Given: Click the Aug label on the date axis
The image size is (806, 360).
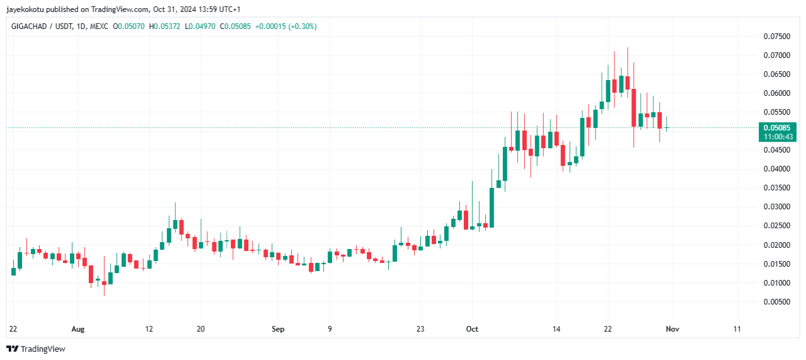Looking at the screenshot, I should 78,329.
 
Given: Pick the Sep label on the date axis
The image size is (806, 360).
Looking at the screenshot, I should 278,329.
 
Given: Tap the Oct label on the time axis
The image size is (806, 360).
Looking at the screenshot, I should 472,329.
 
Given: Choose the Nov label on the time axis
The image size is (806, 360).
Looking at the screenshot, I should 672,329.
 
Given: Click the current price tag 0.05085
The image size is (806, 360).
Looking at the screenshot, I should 776,127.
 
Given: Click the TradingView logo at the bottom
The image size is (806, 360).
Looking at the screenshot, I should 36,349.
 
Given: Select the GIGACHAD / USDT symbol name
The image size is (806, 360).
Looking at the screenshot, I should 42,26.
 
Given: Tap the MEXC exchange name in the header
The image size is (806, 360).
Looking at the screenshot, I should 99,26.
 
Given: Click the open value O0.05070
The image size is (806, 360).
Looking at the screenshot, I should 129,26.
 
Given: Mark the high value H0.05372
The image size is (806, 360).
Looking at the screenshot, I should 164,26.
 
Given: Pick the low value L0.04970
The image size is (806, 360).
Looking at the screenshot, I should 200,26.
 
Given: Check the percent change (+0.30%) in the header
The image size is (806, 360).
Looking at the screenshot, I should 302,26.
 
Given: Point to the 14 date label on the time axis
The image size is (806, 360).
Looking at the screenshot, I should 556,329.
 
